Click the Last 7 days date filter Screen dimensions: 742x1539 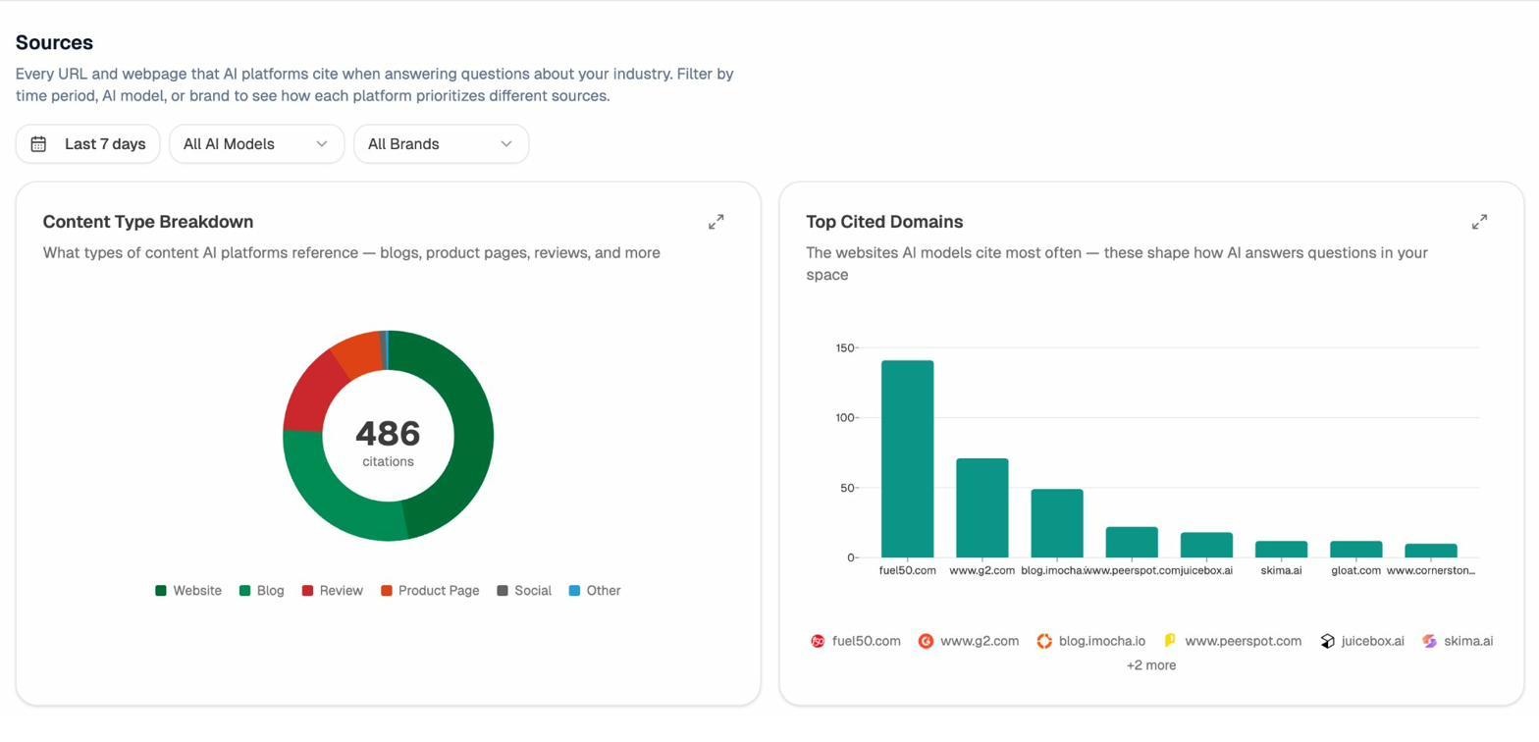click(x=87, y=144)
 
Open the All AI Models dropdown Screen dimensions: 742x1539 click(x=256, y=144)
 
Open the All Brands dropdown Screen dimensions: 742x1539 click(x=441, y=144)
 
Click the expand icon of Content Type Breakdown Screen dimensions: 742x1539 click(x=716, y=223)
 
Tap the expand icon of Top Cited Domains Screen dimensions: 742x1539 click(x=1479, y=223)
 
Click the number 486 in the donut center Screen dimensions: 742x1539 click(x=388, y=434)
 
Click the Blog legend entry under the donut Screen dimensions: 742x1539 click(x=262, y=591)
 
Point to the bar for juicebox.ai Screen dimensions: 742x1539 click(x=1206, y=546)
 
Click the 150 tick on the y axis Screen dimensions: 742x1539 click(x=844, y=348)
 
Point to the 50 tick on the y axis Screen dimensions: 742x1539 click(x=846, y=488)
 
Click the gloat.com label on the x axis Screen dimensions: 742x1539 click(x=1355, y=571)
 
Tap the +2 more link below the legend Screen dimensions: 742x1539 click(x=1150, y=665)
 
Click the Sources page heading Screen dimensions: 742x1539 click(x=54, y=43)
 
